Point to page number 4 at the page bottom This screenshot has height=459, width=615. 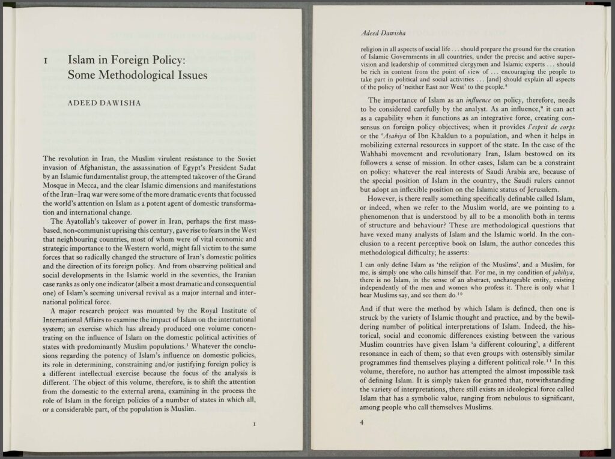[x=362, y=424]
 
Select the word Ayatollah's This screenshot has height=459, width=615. [x=82, y=220]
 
